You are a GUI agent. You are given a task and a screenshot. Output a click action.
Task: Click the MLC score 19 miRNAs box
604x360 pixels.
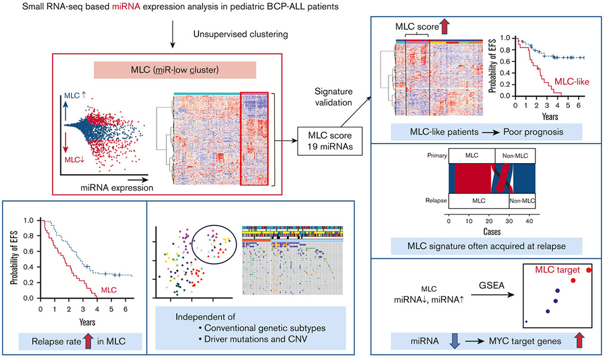[330, 141]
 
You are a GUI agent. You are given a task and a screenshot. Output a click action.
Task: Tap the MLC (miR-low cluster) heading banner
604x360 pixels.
[175, 70]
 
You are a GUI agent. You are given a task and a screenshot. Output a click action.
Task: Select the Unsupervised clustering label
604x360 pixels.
[241, 34]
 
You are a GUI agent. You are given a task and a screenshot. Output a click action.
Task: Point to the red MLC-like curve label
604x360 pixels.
[572, 81]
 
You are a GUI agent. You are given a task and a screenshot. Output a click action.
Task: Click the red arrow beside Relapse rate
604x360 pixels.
[88, 341]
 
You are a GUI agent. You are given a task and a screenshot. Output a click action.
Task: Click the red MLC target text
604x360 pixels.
[557, 270]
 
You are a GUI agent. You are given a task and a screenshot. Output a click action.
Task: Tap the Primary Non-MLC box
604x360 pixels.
[515, 156]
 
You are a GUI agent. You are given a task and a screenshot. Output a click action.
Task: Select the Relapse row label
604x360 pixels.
[436, 201]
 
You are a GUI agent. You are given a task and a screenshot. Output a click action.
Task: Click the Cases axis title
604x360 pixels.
[492, 232]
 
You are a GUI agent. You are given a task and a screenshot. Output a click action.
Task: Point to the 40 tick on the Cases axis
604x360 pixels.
[529, 221]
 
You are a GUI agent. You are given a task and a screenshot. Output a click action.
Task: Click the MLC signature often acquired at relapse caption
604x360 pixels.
[486, 246]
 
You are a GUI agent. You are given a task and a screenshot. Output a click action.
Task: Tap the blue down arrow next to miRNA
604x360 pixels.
[455, 341]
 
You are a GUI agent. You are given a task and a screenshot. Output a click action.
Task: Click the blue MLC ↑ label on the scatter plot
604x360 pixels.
[75, 95]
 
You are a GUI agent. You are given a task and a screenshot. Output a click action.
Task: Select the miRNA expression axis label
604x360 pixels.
[117, 188]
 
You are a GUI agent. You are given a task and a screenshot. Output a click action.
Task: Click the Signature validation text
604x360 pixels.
[333, 97]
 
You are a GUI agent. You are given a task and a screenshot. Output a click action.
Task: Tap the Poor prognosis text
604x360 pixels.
[533, 132]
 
